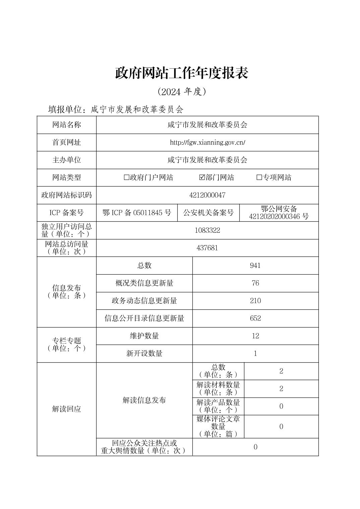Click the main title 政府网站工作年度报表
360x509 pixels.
[x=181, y=73]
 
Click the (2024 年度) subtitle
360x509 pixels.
[x=181, y=92]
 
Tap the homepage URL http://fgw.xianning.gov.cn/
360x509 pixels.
[x=207, y=143]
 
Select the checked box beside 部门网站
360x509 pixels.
[x=201, y=177]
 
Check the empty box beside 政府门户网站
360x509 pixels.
[x=126, y=177]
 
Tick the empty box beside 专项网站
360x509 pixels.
[x=259, y=177]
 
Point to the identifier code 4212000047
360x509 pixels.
[x=207, y=195]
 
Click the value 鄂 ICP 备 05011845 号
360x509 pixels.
[x=137, y=213]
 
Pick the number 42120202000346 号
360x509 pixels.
[x=279, y=217]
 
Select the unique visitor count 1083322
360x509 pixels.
[x=207, y=230]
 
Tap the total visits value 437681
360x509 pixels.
[x=207, y=248]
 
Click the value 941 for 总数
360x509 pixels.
[x=255, y=266]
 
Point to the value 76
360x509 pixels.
[x=255, y=283]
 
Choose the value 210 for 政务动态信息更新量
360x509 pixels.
[x=255, y=301]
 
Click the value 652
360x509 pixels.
[x=255, y=318]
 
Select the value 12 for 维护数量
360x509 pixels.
[x=255, y=336]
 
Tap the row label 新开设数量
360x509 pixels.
[x=144, y=354]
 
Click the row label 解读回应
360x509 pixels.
[x=67, y=409]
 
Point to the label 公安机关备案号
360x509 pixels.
[x=208, y=213]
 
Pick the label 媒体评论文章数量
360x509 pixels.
[x=218, y=423]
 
